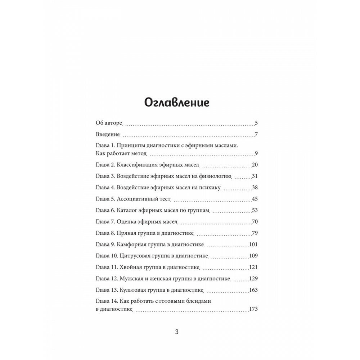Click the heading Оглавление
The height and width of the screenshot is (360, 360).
176,102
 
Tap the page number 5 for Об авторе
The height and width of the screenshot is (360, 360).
256,123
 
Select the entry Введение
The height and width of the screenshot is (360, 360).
108,135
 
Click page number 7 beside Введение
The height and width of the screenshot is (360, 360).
256,135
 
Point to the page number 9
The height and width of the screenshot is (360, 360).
256,154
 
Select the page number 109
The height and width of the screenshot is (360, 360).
253,256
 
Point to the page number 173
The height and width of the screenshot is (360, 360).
253,309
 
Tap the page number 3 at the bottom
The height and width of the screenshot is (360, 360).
176,332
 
